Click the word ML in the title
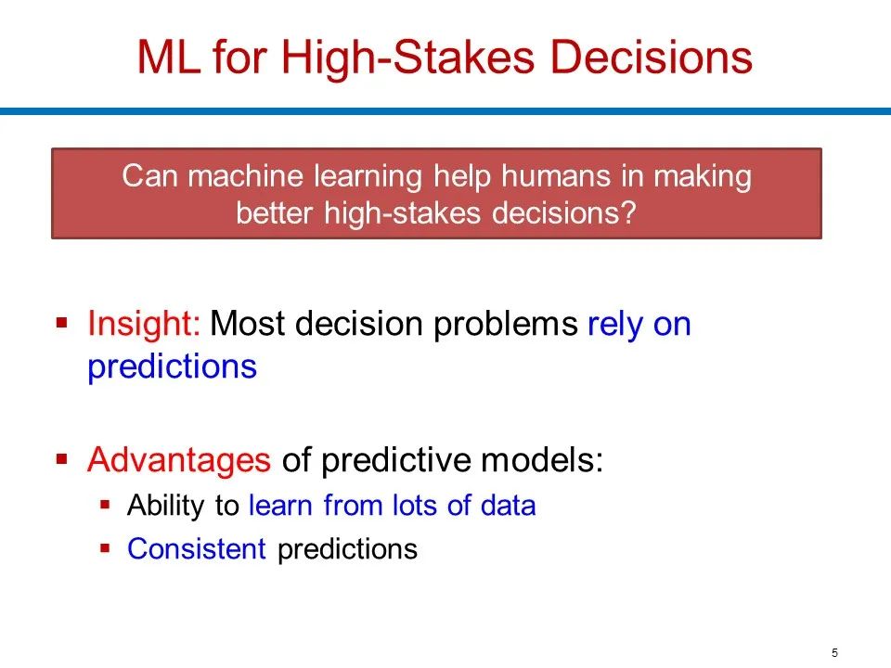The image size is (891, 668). pos(169,58)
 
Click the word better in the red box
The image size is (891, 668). pos(274,213)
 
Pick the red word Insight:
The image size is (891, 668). pos(143,325)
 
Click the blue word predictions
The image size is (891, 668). pos(173,367)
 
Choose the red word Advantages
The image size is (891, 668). pos(179,460)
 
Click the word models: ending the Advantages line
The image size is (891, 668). pos(542,460)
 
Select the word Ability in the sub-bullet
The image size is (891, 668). pos(165,506)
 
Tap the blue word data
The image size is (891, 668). pos(508,506)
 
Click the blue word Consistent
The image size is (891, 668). pos(197,548)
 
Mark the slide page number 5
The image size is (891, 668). pos(834,652)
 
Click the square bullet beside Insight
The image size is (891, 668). pos(62,323)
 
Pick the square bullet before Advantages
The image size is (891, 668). pos(62,458)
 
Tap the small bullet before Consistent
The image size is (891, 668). pos(105,548)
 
